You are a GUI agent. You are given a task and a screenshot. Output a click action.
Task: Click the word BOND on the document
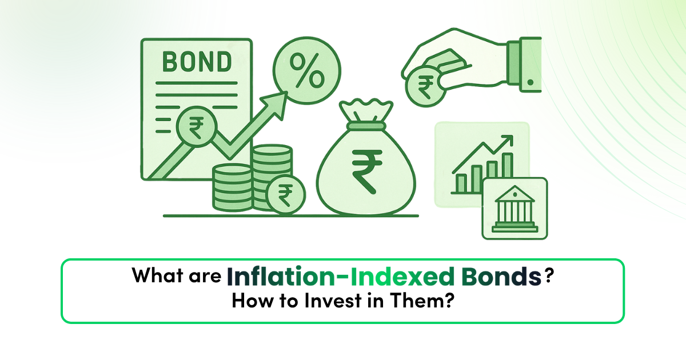(197, 62)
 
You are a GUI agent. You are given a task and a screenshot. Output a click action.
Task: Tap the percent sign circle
(307, 70)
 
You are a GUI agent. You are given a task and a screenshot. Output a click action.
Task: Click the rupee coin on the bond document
(197, 127)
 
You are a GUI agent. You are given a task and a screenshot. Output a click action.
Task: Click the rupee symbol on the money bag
(367, 172)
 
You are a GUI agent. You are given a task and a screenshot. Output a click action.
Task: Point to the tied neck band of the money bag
(366, 126)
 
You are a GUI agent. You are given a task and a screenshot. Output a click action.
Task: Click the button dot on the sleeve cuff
(531, 82)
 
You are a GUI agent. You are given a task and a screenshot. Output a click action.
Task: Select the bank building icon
(515, 209)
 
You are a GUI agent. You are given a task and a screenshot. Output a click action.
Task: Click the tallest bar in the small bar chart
(508, 166)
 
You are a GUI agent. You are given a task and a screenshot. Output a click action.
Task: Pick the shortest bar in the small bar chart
(461, 183)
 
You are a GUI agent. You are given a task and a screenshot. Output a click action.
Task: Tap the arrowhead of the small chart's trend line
(507, 141)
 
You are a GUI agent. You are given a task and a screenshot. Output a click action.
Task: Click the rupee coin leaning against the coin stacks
(285, 194)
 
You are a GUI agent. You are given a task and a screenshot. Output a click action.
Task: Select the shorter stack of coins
(232, 187)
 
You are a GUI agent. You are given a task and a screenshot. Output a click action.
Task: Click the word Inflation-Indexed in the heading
(340, 276)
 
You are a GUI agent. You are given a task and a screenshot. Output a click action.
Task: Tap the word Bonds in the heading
(501, 276)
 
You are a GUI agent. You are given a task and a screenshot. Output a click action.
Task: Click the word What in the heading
(157, 275)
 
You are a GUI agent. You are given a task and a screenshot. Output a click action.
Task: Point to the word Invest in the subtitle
(333, 301)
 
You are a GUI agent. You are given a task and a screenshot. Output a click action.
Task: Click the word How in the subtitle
(252, 301)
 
